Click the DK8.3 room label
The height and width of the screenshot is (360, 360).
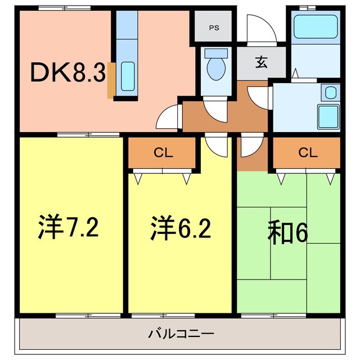(x=68, y=72)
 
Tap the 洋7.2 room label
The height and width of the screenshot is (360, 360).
(x=69, y=227)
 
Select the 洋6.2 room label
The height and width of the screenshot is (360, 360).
(x=181, y=227)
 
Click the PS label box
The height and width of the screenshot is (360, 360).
(x=214, y=26)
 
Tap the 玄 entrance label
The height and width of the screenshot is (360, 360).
(x=262, y=62)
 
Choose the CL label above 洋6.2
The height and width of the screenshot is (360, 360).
(x=163, y=152)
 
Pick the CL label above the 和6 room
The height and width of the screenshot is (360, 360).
(x=307, y=152)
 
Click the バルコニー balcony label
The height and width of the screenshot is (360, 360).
(x=181, y=334)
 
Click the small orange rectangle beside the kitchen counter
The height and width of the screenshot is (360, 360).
(x=111, y=80)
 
